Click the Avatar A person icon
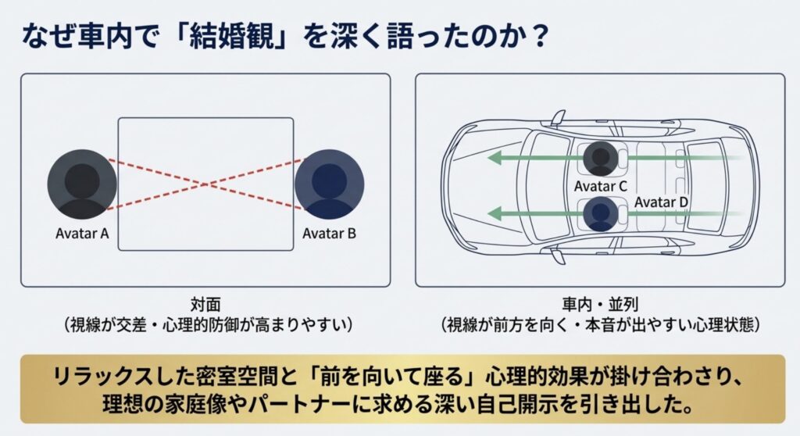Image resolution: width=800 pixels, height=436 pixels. [82, 184]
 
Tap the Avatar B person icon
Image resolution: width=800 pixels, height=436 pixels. [330, 184]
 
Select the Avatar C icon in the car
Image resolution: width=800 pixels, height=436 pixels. [601, 159]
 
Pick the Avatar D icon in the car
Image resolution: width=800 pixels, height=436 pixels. [601, 214]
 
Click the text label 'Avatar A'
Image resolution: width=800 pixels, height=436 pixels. [82, 234]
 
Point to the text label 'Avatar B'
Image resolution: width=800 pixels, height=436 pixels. [329, 234]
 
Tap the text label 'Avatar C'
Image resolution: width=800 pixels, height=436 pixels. [601, 186]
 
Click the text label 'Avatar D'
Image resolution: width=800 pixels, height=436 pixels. [661, 202]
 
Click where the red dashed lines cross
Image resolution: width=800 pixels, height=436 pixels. [206, 184]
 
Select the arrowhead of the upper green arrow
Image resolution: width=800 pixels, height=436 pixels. [494, 159]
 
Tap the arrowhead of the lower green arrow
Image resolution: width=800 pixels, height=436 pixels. [494, 213]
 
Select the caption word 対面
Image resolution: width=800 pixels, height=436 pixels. [205, 305]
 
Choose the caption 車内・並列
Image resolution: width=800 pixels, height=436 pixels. [600, 305]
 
